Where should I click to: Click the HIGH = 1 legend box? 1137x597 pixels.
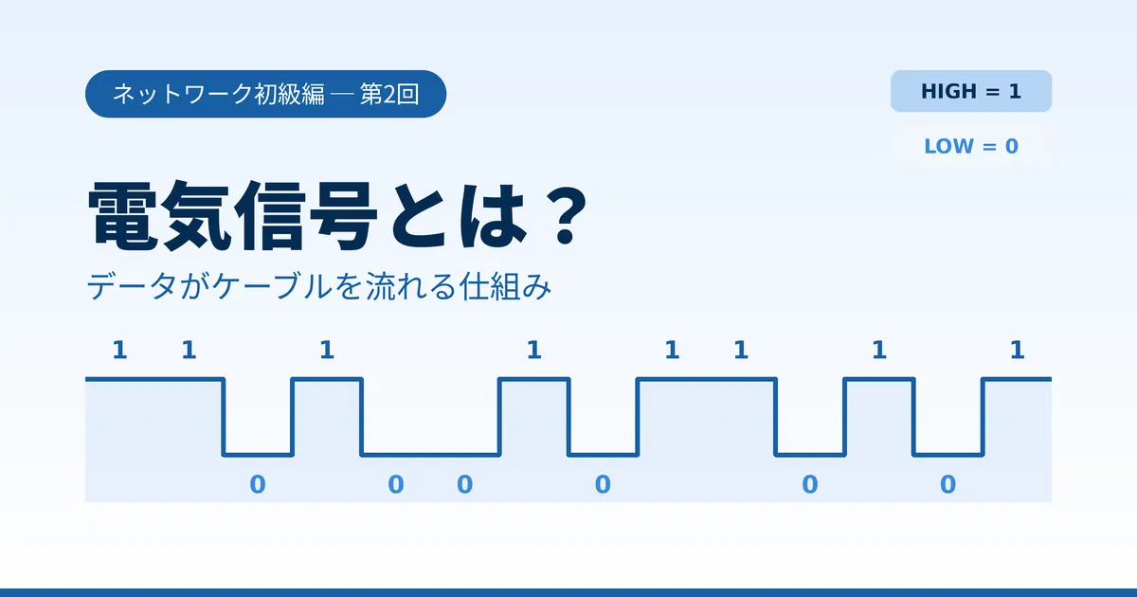point(971,91)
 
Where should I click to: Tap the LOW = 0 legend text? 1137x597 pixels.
point(971,146)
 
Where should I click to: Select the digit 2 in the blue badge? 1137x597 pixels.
point(388,95)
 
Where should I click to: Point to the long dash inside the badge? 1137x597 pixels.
point(342,95)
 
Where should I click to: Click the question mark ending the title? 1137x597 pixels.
point(565,215)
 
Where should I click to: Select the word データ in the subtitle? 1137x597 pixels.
point(132,286)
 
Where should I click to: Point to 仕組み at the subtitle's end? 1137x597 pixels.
point(504,286)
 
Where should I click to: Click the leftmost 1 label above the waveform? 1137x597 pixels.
point(119,350)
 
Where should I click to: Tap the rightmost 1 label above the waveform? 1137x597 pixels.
point(1018,350)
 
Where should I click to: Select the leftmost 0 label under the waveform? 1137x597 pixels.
point(258,484)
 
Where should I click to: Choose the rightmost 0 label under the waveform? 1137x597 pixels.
point(948,484)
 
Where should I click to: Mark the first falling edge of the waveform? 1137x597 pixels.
point(224,417)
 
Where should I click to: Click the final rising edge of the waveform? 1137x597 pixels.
point(983,417)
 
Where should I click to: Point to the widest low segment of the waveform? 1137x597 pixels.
point(430,455)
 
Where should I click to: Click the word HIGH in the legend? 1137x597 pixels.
point(948,91)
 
